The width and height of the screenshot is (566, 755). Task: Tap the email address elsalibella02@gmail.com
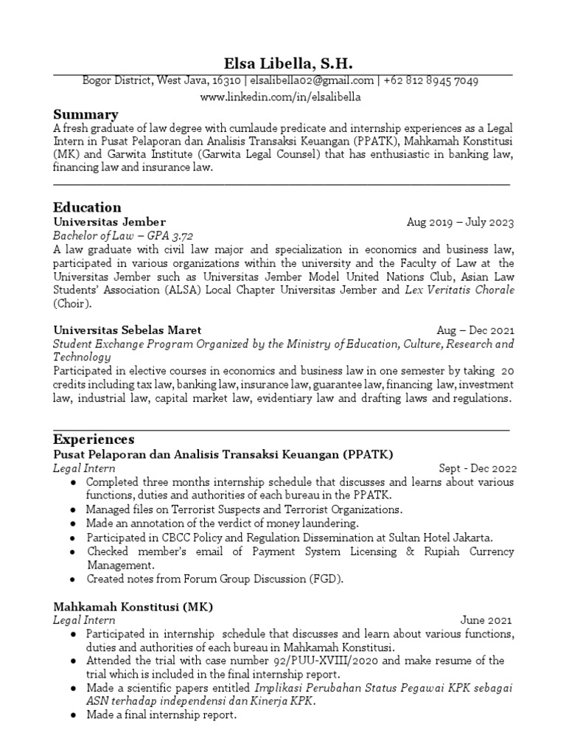312,81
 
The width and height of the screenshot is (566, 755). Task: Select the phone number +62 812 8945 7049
432,81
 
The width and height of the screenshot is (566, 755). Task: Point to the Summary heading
85,114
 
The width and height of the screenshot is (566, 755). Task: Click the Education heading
87,207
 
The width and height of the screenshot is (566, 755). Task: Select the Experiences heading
94,439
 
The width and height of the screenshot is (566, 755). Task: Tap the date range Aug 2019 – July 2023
460,223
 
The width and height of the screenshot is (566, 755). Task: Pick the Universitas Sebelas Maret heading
127,330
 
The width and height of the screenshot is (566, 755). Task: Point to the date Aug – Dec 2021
475,330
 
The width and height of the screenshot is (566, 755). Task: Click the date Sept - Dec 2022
478,468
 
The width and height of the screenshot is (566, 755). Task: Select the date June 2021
486,621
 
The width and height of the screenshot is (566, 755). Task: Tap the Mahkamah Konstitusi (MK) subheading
133,607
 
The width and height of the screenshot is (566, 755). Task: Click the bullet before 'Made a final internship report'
74,715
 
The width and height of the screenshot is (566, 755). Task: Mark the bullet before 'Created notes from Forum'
74,580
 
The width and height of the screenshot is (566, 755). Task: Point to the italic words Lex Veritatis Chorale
460,290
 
